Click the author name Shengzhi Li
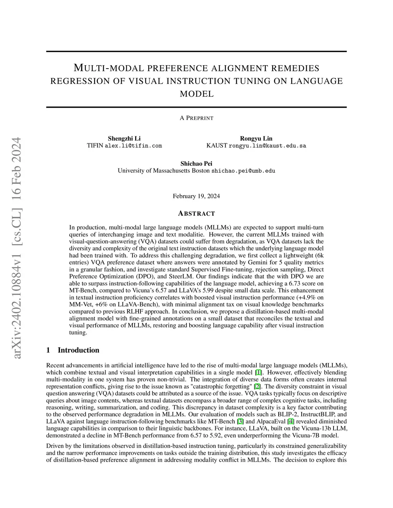click(124, 138)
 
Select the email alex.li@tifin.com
click(133, 146)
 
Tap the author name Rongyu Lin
click(256, 138)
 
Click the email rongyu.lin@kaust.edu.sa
click(267, 146)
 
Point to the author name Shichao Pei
click(196, 164)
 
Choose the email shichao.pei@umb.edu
click(243, 171)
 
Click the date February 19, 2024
click(196, 196)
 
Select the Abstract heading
click(196, 214)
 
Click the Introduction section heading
click(78, 350)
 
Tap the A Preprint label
click(196, 118)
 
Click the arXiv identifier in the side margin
click(17, 248)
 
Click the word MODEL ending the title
click(196, 94)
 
